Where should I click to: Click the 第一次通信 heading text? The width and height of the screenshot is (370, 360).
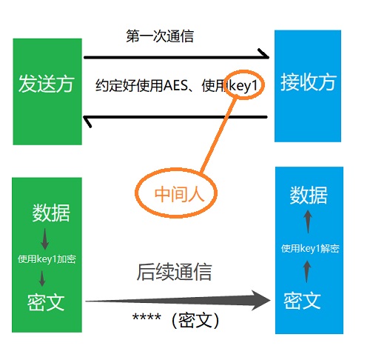pos(160,36)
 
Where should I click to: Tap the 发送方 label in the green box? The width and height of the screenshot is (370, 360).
pos(47,84)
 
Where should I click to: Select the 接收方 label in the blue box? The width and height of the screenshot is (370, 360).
pos(308,82)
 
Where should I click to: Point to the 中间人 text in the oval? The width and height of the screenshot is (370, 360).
pos(179,194)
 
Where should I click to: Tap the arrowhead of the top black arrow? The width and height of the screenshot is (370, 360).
pos(264,54)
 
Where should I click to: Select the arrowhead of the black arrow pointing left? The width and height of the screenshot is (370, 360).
pos(87,121)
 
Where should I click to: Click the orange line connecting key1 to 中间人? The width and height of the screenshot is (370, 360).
pos(218,136)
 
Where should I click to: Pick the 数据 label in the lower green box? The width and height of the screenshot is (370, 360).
pos(51,213)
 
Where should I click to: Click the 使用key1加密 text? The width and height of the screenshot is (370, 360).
pos(47,259)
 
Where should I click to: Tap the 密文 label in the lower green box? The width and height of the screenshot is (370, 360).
pos(46,302)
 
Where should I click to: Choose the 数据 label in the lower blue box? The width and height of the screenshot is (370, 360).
pos(309,195)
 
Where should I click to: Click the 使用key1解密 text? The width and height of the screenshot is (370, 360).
pos(310,248)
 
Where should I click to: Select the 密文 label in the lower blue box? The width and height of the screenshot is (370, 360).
pos(302,301)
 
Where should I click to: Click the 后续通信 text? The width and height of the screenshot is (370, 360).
pos(175,272)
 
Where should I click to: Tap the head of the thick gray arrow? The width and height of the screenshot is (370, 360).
pos(261,300)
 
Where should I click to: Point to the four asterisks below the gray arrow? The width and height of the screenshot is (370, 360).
pos(147,317)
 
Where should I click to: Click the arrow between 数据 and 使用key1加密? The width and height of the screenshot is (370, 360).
pos(44,239)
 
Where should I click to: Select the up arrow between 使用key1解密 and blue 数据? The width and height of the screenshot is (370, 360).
pos(308,221)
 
